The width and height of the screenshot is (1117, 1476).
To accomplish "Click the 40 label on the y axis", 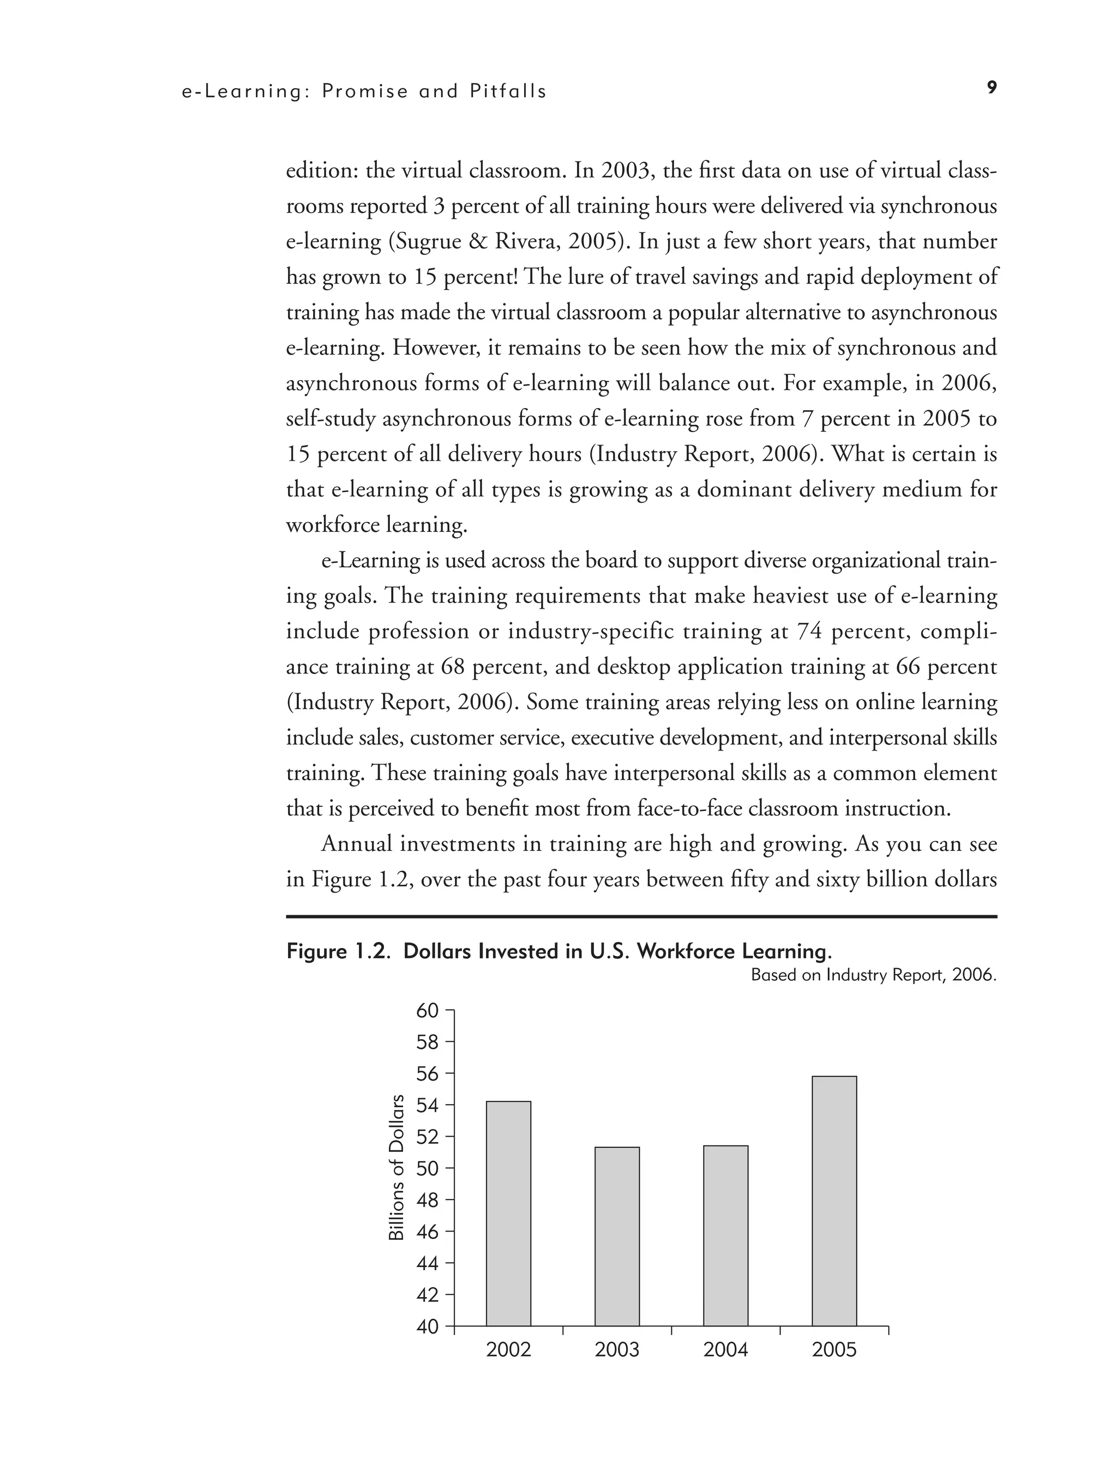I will (x=427, y=1327).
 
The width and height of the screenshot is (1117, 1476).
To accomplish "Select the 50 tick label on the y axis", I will (x=427, y=1169).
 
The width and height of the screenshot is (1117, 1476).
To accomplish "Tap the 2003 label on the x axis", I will (x=617, y=1350).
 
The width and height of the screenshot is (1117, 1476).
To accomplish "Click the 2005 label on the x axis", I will (x=834, y=1350).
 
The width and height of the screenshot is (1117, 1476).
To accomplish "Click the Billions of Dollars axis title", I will (x=397, y=1168).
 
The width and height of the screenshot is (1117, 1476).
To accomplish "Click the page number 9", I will (x=992, y=87).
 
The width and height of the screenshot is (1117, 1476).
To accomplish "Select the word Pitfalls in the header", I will (x=508, y=92).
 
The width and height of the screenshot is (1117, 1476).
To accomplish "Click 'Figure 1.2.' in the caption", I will (x=339, y=951).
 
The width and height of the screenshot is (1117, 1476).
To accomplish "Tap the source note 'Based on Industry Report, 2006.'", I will (x=873, y=975).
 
